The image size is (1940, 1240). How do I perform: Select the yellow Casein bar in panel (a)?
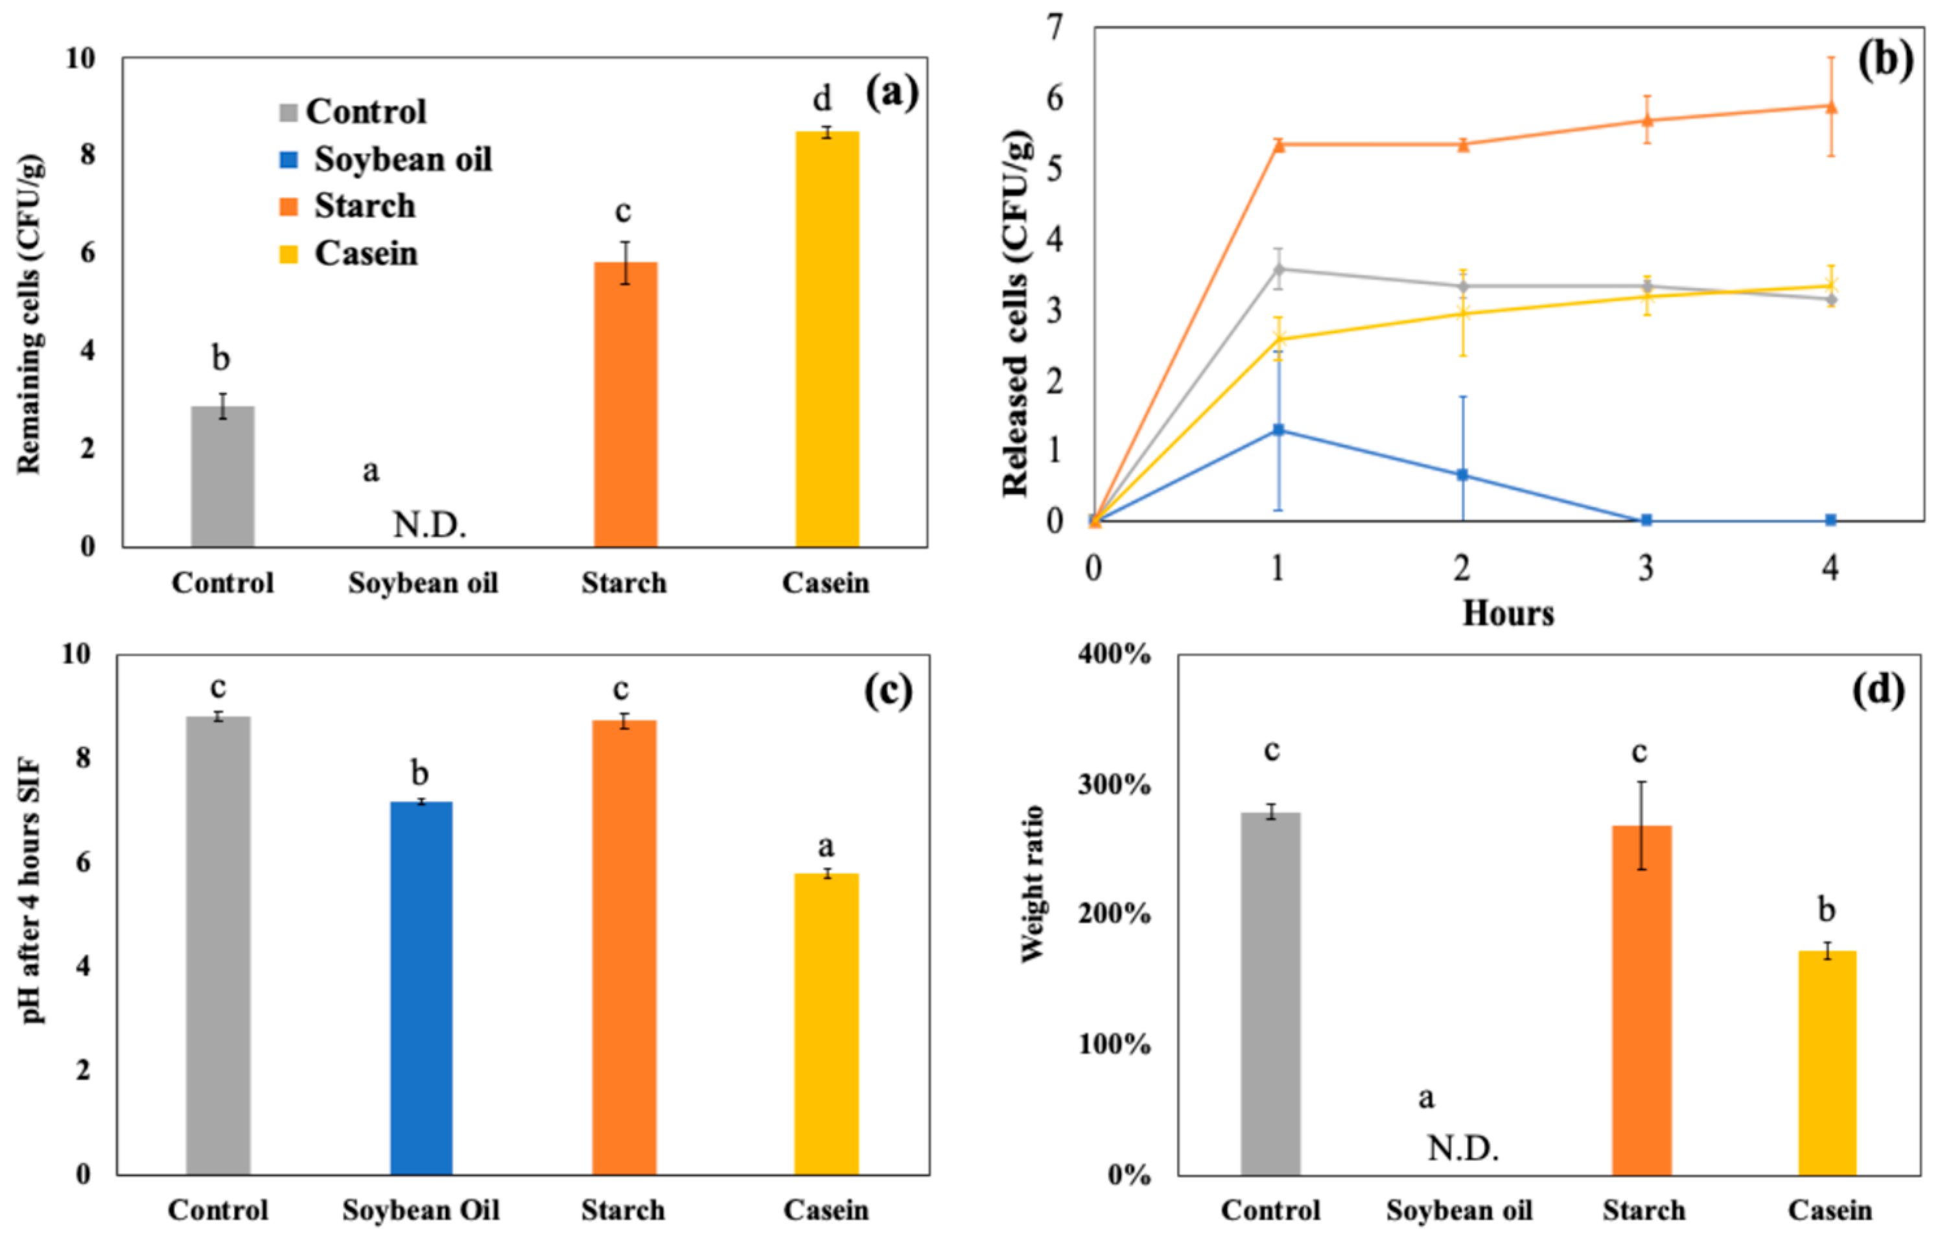pos(826,338)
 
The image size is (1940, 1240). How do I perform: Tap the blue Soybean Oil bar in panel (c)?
pos(421,988)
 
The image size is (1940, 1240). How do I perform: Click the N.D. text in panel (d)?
pos(1462,1148)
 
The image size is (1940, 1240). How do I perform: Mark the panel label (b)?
pos(1884,60)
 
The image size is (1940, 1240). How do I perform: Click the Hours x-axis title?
pos(1508,614)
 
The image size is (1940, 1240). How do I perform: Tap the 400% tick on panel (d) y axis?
pos(1114,654)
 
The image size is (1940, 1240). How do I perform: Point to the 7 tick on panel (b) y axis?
pos(1055,29)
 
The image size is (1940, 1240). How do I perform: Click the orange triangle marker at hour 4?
pos(1830,106)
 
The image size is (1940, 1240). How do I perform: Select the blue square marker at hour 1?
pos(1278,430)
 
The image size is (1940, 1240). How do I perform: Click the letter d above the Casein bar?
pos(822,100)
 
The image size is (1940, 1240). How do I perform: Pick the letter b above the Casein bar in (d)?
pos(1827,911)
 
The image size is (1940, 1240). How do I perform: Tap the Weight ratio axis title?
pos(1032,884)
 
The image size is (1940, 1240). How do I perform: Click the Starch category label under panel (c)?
pos(623,1210)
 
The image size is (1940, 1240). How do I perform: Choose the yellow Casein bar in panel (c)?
pos(826,1024)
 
